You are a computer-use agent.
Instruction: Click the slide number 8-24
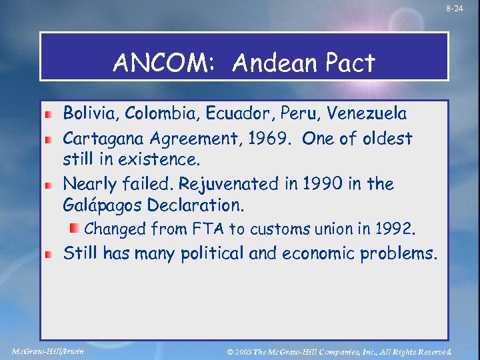coord(455,9)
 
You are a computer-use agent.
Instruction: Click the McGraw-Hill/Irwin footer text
coord(49,351)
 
